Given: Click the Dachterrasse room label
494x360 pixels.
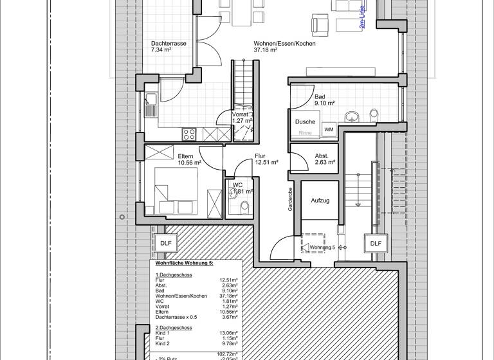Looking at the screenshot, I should (169, 46).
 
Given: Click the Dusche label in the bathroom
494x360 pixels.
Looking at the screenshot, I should (305, 122).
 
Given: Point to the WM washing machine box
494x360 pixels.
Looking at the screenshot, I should (329, 129).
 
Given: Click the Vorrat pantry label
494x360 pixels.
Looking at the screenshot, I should (242, 117).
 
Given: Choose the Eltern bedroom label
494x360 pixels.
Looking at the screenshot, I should (189, 159).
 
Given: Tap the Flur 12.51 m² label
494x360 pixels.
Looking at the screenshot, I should (266, 159).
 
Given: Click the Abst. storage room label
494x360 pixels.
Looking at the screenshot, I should (324, 159).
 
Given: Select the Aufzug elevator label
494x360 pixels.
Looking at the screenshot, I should (320, 201).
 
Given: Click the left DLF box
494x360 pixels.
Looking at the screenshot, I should (166, 243).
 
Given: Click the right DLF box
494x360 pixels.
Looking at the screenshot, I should (376, 243).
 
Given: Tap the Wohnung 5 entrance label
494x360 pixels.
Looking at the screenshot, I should (322, 247).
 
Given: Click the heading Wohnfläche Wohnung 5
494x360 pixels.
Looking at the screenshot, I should (184, 264).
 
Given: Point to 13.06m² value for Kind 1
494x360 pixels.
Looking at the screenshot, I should (229, 333).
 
